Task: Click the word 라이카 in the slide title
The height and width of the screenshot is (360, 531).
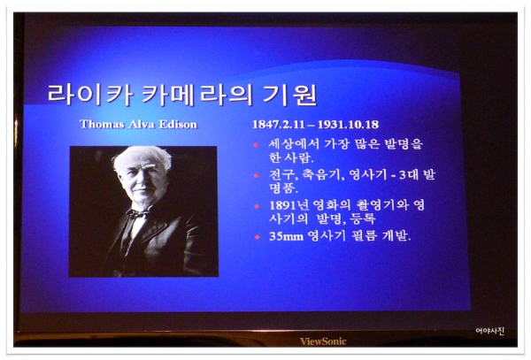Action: [x=89, y=94]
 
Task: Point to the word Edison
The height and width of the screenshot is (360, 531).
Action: [x=178, y=125]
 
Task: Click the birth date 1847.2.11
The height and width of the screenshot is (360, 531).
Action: [x=279, y=125]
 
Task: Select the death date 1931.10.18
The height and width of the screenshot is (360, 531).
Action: [x=348, y=125]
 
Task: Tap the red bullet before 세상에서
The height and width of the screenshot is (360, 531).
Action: [x=256, y=145]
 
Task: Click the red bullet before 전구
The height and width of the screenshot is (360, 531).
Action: [x=256, y=176]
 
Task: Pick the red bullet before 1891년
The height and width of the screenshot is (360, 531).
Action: [x=257, y=206]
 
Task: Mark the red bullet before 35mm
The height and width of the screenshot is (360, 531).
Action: [x=257, y=237]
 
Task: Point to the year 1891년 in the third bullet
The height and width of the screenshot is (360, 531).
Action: [x=289, y=205]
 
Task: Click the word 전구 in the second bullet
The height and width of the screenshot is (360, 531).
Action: [x=283, y=175]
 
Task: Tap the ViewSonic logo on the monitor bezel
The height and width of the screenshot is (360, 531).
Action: [x=323, y=341]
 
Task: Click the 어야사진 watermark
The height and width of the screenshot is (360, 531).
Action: [x=490, y=331]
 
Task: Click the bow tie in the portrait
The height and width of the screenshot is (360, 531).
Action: [x=138, y=213]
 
